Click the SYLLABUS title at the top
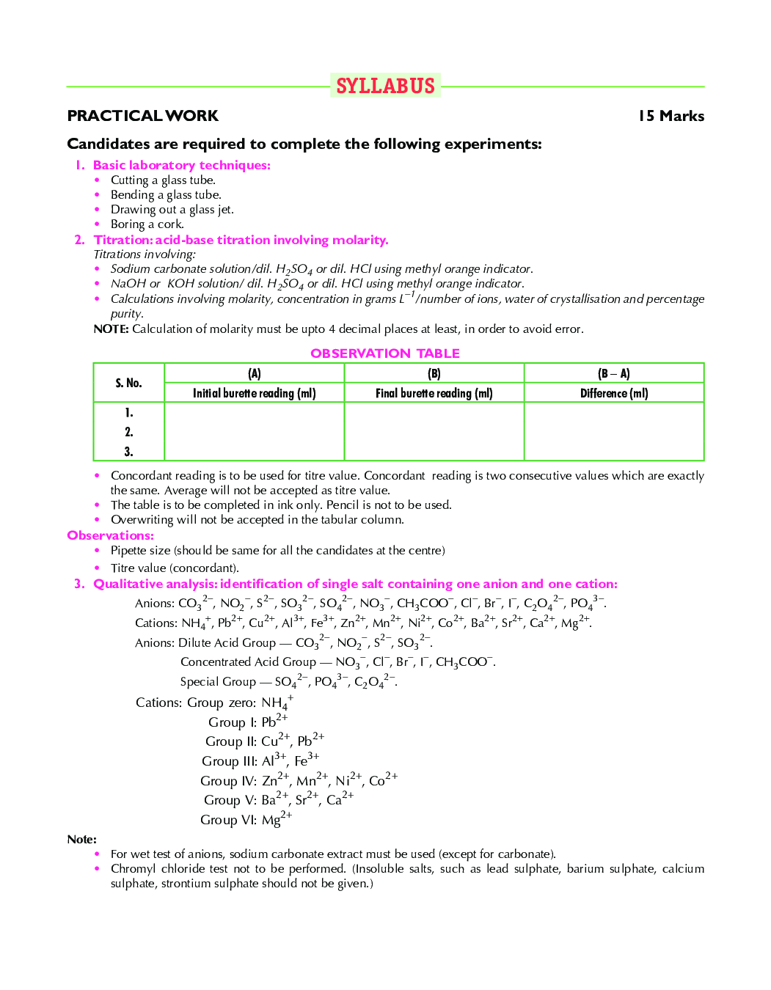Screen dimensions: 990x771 point(385,86)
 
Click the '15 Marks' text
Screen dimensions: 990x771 point(670,116)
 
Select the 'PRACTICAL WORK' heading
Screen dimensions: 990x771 point(142,116)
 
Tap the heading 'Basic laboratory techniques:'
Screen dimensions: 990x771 point(181,165)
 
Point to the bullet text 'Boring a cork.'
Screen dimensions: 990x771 point(147,224)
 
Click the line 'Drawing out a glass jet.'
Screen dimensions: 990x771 point(172,210)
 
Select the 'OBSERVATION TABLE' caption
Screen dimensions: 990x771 point(384,353)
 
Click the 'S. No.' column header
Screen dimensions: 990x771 point(128,383)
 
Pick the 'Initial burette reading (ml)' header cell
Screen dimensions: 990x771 point(254,393)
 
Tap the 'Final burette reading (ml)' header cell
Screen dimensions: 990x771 point(434,393)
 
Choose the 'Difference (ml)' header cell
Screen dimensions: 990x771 point(613,393)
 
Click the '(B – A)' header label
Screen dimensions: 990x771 point(613,373)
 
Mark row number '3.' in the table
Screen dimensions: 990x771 point(128,452)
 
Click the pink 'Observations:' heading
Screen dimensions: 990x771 point(110,535)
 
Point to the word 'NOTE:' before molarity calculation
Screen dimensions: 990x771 point(111,329)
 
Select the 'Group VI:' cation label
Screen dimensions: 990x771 point(228,820)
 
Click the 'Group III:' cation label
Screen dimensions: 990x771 point(229,761)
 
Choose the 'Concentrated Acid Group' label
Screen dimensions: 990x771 point(248,662)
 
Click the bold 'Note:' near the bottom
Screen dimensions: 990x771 point(81,840)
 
